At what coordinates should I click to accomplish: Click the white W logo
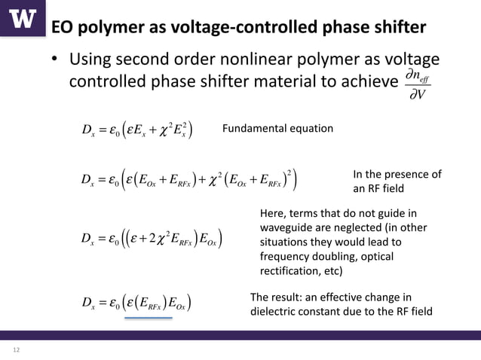coord(23,18)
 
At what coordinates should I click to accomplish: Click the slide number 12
coord(16,349)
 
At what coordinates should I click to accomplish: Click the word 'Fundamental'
coord(257,129)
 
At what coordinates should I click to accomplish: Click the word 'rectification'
coord(288,270)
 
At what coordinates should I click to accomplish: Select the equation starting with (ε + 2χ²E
coord(151,240)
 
